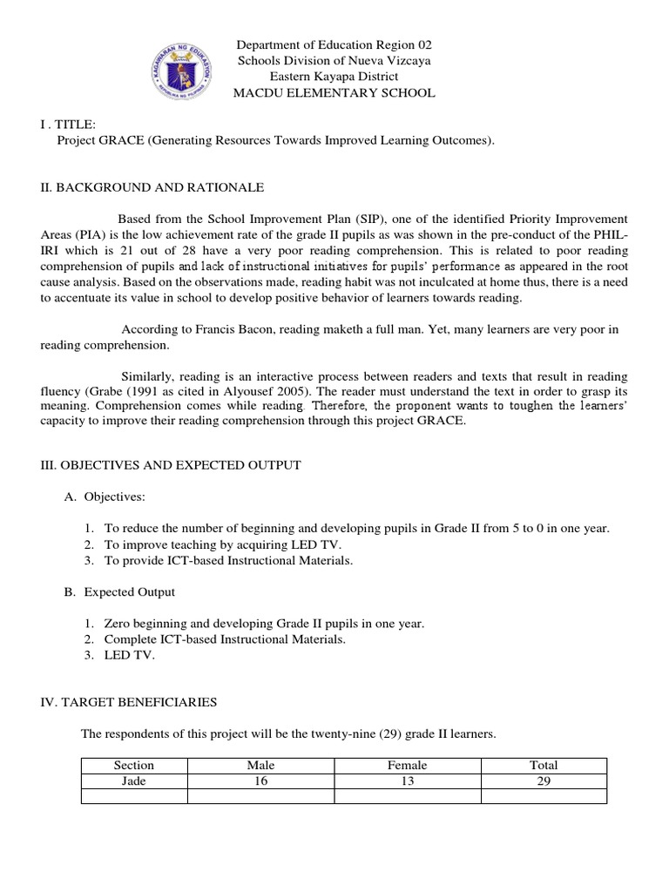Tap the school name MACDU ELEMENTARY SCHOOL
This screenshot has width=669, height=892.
coord(334,93)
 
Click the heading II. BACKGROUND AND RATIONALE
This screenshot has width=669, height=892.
coord(152,187)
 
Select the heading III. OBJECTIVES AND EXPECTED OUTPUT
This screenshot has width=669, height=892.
coord(171,465)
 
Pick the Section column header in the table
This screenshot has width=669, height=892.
coord(134,765)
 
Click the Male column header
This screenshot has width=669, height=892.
coord(260,765)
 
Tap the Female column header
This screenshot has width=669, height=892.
coord(407,765)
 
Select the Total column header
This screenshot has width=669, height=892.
coord(544,765)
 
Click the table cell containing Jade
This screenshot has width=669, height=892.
coord(134,780)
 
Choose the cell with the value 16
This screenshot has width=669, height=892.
coord(260,780)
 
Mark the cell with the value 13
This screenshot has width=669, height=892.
coord(407,780)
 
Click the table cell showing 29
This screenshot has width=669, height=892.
coord(544,780)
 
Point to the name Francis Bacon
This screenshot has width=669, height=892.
coord(220,329)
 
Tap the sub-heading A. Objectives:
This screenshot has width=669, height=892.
coord(114,497)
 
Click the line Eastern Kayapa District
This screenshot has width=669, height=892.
coord(334,77)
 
